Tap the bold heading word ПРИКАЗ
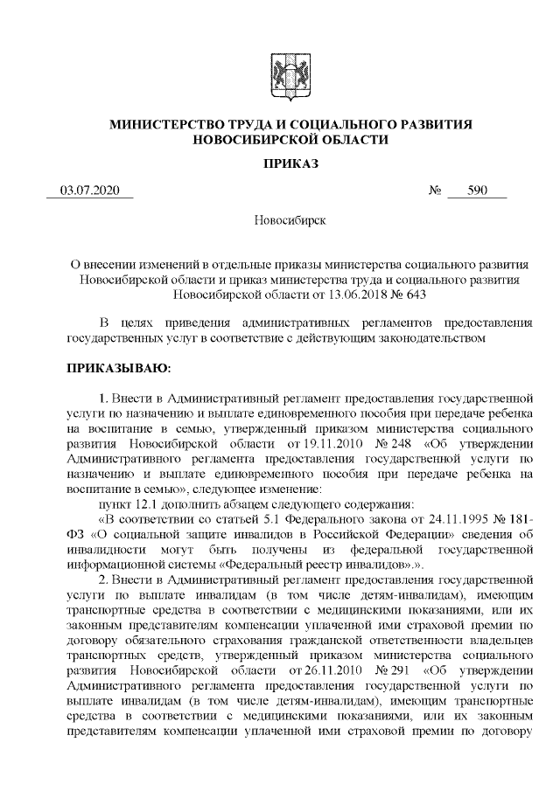[280, 163]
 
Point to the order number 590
[476, 191]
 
